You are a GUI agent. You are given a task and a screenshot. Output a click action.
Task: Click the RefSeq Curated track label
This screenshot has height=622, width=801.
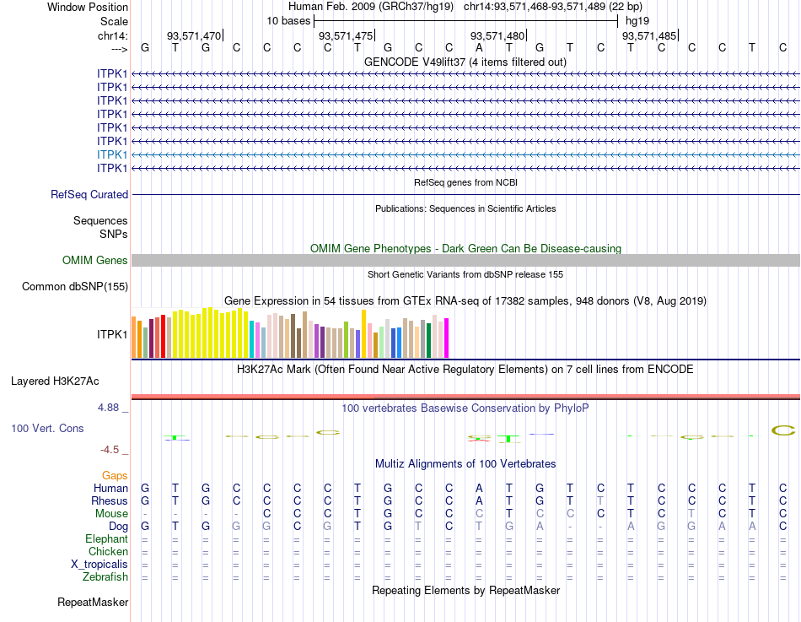(89, 194)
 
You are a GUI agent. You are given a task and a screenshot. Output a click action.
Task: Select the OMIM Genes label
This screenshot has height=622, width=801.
(94, 261)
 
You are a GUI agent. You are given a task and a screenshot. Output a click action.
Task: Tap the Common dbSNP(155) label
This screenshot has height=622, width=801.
(74, 287)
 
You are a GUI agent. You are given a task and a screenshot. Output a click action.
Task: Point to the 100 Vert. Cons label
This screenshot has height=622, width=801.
(47, 429)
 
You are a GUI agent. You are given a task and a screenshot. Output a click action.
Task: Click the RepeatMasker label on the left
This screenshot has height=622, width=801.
(93, 603)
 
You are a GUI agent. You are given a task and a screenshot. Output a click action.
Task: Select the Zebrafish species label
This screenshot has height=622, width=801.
(105, 577)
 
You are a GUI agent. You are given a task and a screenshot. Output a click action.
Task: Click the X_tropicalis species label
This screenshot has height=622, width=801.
(99, 565)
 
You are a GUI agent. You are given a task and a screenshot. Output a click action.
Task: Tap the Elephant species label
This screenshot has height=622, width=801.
(106, 539)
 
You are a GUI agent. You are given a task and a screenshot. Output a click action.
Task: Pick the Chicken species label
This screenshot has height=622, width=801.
(108, 552)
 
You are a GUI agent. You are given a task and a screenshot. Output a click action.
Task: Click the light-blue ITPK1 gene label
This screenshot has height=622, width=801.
(112, 154)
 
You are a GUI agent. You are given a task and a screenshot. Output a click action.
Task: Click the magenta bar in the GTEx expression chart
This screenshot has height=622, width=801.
(446, 338)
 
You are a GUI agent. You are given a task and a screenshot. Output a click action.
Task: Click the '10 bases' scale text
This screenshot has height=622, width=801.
(288, 20)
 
